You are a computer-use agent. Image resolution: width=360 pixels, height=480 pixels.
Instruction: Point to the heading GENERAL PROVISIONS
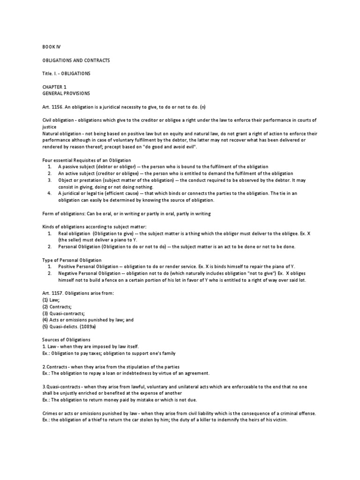coord(65,93)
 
